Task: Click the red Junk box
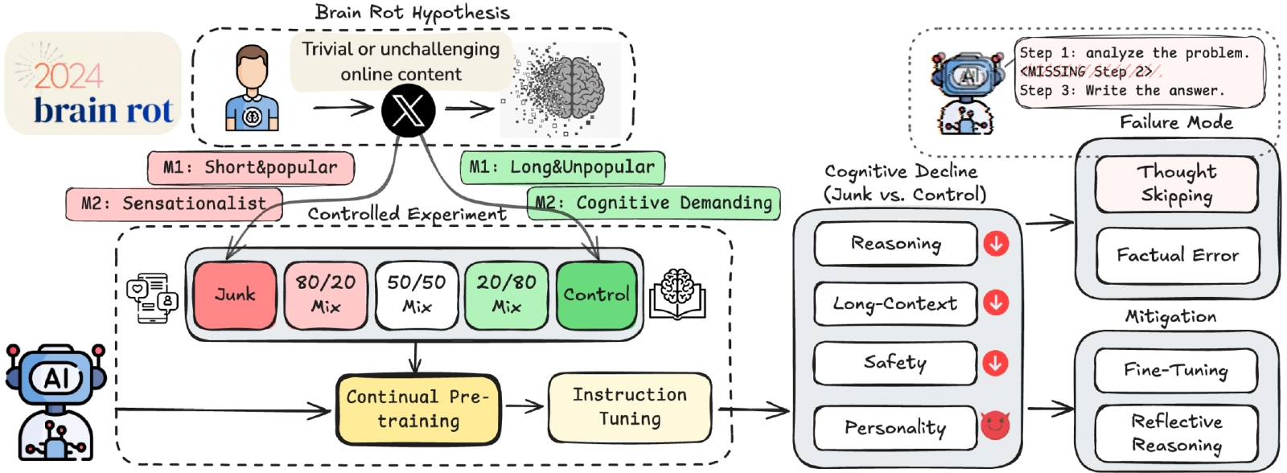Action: [x=235, y=294]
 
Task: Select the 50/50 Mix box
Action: [x=416, y=294]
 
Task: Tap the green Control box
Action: [x=596, y=294]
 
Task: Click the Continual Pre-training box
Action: [x=418, y=409]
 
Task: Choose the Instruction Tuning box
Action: [x=630, y=407]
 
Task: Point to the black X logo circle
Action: [x=408, y=111]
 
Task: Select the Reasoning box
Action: [x=895, y=244]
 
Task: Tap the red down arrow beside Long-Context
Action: [x=996, y=303]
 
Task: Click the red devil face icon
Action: [x=995, y=425]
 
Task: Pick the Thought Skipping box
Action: [x=1176, y=184]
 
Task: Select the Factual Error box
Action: [x=1178, y=256]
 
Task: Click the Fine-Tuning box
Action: [x=1175, y=370]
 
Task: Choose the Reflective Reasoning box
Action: [x=1176, y=433]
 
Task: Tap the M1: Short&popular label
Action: [x=250, y=168]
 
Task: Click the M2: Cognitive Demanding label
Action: [x=654, y=203]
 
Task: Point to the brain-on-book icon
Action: [x=676, y=294]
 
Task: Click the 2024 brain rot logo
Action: [x=93, y=84]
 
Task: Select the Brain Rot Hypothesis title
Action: [x=412, y=13]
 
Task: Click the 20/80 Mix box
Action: [x=506, y=294]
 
